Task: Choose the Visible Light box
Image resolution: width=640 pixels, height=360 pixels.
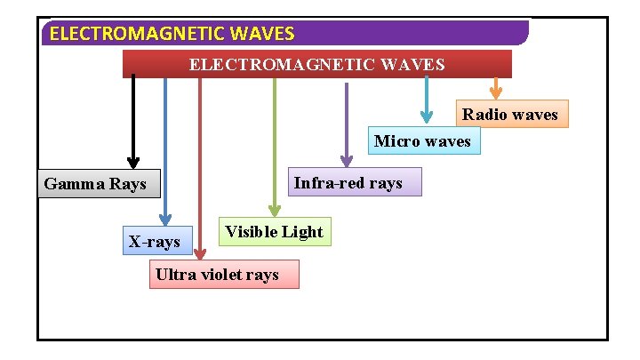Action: pos(275,232)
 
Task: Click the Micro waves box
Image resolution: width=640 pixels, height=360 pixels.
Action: pos(424,141)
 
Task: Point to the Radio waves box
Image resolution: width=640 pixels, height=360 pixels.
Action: pos(510,114)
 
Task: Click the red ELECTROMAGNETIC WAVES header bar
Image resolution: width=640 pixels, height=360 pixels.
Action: pos(316,64)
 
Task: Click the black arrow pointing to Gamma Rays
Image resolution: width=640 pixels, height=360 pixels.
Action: pos(133,120)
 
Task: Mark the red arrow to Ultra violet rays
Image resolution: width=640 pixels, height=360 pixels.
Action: pos(200,169)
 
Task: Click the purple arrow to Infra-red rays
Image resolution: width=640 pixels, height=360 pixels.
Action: pos(346,124)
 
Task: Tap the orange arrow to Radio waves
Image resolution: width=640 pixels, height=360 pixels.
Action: pos(496,88)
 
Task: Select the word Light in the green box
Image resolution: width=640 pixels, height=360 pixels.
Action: pos(303,232)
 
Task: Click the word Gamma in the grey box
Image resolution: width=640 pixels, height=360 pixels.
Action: pos(75,185)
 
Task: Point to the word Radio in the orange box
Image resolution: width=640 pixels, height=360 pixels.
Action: pos(484,114)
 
